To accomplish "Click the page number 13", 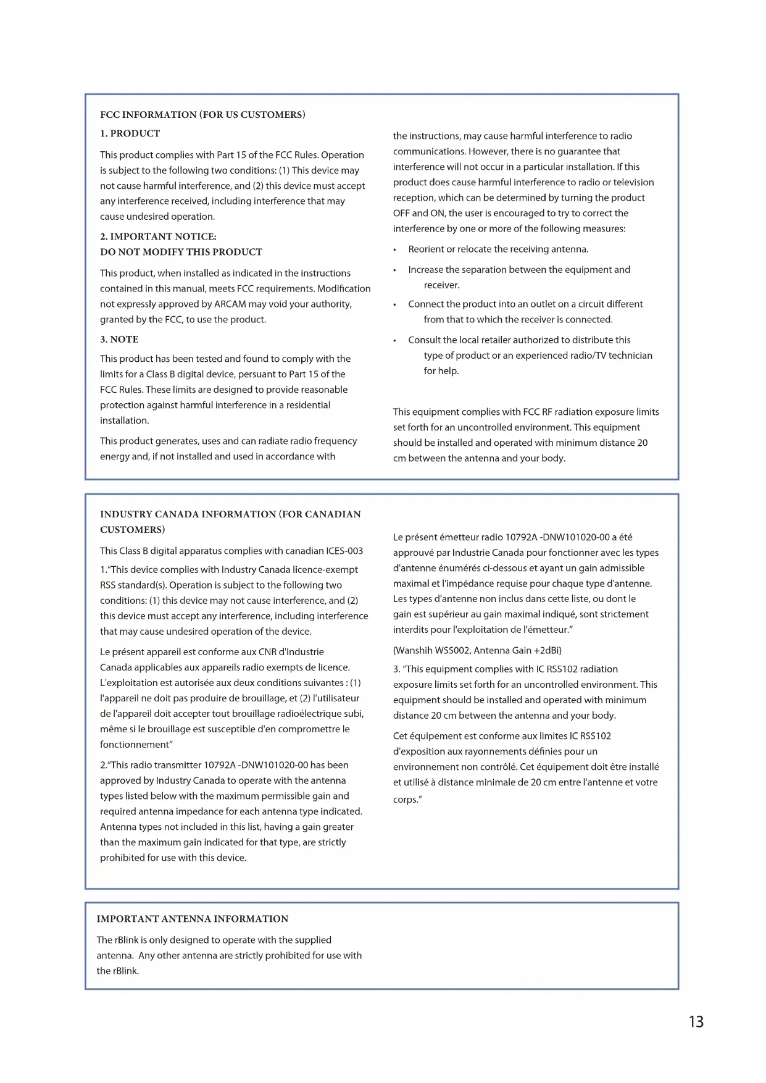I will pyautogui.click(x=696, y=1022).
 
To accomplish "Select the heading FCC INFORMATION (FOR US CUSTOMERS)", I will pyautogui.click(x=202, y=115).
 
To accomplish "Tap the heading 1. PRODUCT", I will pyautogui.click(x=130, y=133).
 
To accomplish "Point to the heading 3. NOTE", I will pyautogui.click(x=119, y=340).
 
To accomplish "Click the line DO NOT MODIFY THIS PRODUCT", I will pyautogui.click(x=181, y=252).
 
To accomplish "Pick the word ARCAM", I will pyautogui.click(x=230, y=304).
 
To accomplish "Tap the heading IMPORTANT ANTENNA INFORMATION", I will pyautogui.click(x=192, y=919).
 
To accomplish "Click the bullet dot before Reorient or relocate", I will pyautogui.click(x=394, y=250).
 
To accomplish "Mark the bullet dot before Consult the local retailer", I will pyautogui.click(x=394, y=341).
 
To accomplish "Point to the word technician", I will pyautogui.click(x=630, y=356).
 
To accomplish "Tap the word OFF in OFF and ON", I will pyautogui.click(x=401, y=213).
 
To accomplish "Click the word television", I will pyautogui.click(x=631, y=182).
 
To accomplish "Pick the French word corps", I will pyautogui.click(x=405, y=800).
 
